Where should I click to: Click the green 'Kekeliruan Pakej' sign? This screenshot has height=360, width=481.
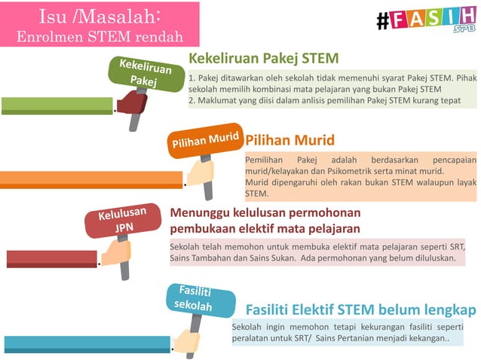click(x=140, y=72)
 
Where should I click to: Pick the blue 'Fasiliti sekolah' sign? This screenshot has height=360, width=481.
click(x=193, y=299)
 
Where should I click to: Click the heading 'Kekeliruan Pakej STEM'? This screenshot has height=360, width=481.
click(x=263, y=59)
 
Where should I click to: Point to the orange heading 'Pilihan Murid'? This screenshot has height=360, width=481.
click(x=290, y=141)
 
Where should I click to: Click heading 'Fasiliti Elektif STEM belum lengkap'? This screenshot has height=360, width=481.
click(x=361, y=310)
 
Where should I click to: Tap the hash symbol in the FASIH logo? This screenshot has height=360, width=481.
click(x=383, y=21)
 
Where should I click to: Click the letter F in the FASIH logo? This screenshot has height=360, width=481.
click(x=400, y=20)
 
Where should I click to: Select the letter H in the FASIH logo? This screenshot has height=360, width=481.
click(x=466, y=19)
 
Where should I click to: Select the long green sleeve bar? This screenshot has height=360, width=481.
click(x=57, y=105)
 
